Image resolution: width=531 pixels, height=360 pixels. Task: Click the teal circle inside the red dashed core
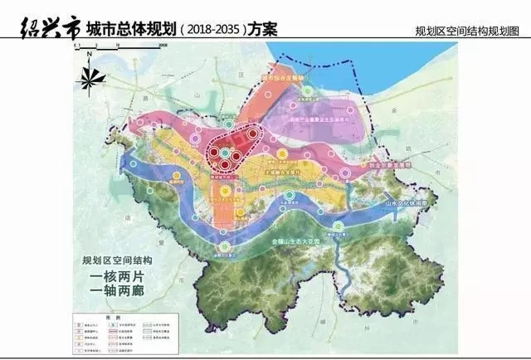[224, 153]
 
